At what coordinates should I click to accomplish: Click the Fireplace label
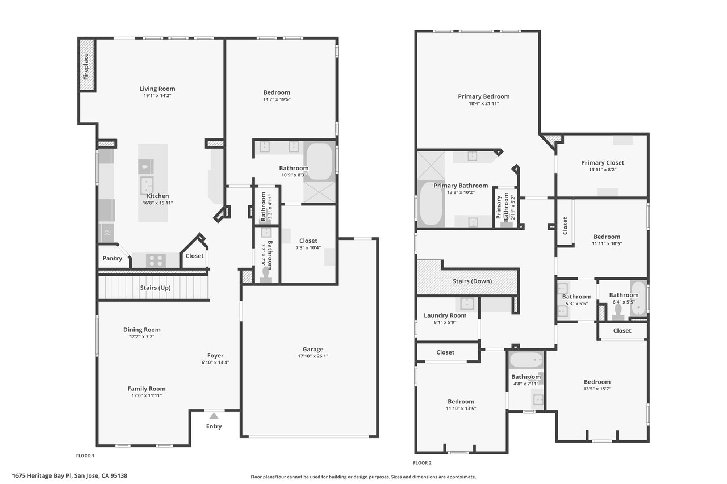pos(86,67)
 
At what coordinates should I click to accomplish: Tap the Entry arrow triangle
pos(214,416)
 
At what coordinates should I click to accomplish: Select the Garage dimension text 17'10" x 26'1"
pos(313,356)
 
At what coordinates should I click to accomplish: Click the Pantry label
pos(112,258)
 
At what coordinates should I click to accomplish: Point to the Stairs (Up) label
pos(155,288)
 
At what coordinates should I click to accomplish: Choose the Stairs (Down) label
pos(472,281)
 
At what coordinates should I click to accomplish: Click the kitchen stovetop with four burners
pos(156,260)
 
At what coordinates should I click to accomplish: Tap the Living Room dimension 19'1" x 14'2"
pos(157,96)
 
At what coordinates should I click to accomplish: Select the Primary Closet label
pos(603,163)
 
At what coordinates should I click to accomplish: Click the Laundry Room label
pos(445,315)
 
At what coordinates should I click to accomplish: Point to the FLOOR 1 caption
pos(85,456)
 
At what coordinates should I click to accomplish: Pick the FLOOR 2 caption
pos(422,463)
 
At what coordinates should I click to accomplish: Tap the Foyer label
pos(215,356)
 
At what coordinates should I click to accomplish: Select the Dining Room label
pos(142,330)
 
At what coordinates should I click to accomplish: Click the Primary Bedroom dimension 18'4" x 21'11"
pos(483,103)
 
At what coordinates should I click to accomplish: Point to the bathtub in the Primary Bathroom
pos(431,204)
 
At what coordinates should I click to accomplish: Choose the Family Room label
pos(147,389)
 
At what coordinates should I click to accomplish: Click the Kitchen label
pos(158,196)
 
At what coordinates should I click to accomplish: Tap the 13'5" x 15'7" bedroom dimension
pos(597,389)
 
